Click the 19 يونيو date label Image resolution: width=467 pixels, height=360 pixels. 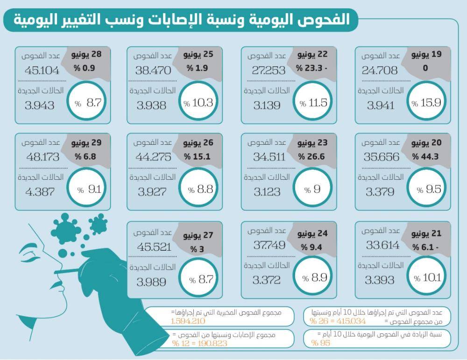click(426, 55)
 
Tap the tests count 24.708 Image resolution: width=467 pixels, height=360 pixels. click(379, 71)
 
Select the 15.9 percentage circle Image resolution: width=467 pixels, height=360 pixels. click(426, 101)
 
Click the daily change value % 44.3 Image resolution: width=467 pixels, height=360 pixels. click(425, 156)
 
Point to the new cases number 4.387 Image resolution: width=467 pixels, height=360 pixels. click(40, 192)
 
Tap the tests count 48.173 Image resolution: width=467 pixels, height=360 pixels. click(43, 157)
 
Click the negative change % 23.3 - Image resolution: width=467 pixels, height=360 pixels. click(311, 68)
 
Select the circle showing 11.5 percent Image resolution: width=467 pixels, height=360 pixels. click(312, 101)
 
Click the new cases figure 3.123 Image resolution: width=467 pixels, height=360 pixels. click(267, 192)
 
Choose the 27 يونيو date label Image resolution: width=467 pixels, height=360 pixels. click(198, 235)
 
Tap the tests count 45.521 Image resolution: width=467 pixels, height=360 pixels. click(154, 247)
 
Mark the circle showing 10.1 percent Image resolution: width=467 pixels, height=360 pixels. click(426, 277)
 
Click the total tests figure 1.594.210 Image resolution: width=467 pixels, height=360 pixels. click(188, 321)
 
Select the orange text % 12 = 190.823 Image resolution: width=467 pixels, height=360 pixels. click(199, 343)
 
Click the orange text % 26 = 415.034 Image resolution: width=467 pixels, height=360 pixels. click(338, 321)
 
